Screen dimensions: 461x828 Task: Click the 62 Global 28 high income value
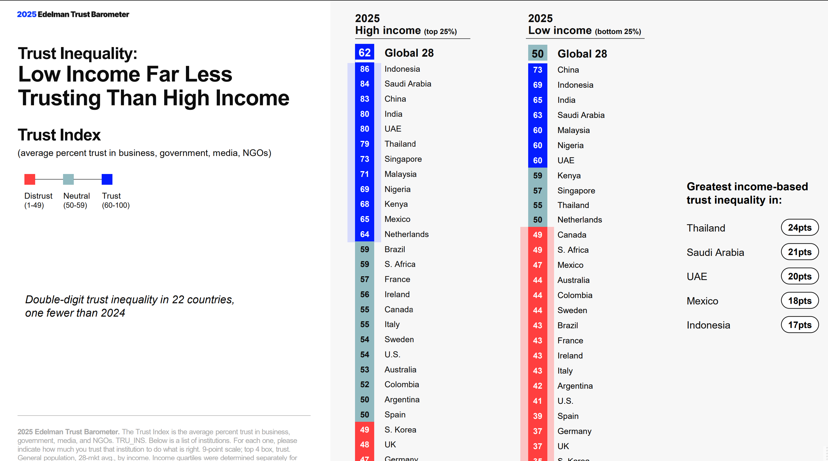tap(365, 52)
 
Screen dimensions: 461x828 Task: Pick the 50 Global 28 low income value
tap(537, 53)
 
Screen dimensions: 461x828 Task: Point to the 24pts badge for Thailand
tap(800, 228)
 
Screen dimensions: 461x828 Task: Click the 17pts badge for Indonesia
tap(800, 325)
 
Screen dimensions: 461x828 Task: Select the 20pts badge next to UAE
tap(800, 277)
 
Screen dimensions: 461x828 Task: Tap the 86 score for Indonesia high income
tap(365, 69)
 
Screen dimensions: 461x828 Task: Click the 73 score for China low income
tap(537, 70)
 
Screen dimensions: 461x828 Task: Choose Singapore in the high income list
tap(403, 159)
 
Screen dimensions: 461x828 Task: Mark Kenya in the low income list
tap(569, 175)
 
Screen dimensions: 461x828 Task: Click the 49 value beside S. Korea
tap(365, 430)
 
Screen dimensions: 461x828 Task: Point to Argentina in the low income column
tap(575, 386)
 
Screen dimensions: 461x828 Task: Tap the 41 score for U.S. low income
tap(537, 401)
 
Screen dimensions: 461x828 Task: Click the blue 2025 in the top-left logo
tap(27, 15)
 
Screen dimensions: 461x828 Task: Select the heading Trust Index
tap(59, 135)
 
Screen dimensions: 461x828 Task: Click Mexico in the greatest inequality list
tap(702, 301)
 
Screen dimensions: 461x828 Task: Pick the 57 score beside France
tap(365, 279)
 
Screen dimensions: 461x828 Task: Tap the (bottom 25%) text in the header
tap(618, 31)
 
